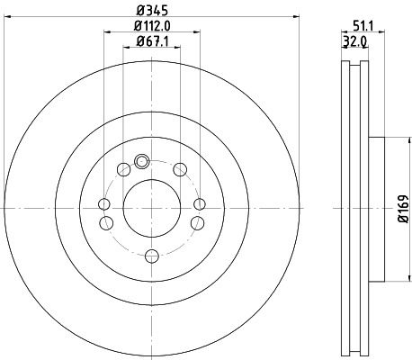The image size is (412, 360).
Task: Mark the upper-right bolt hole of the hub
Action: (x=180, y=169)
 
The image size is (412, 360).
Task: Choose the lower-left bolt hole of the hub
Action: (x=105, y=222)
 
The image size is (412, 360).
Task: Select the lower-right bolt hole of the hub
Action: (x=195, y=222)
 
